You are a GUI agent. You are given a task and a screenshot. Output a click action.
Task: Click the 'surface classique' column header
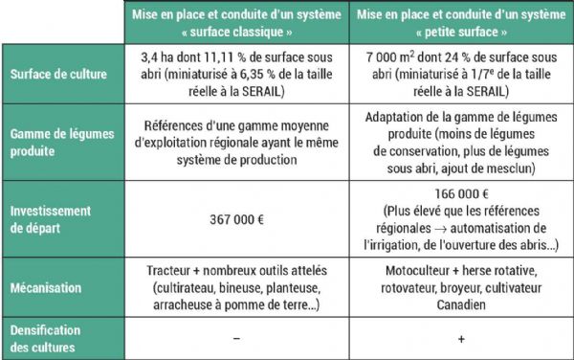[235, 22]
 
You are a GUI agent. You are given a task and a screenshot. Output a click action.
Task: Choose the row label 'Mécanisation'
[47, 286]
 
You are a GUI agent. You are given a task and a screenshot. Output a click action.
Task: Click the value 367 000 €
[236, 219]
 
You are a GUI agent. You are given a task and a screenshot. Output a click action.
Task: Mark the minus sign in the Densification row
[236, 338]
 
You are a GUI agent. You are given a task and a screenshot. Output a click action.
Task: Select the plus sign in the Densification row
[460, 338]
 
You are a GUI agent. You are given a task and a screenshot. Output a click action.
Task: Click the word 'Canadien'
[460, 304]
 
